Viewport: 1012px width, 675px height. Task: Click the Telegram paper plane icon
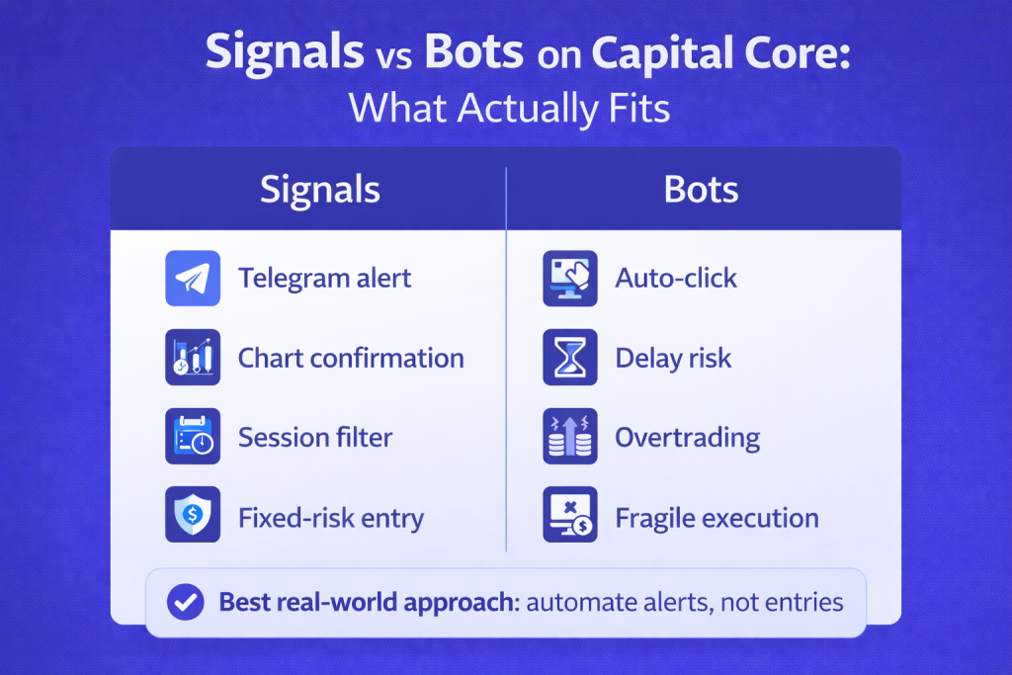(193, 278)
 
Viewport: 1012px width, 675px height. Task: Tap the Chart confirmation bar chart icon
(193, 358)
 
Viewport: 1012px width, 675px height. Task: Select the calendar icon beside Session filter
(193, 436)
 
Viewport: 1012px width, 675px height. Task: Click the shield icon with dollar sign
(193, 514)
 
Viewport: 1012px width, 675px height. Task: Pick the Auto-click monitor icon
(570, 278)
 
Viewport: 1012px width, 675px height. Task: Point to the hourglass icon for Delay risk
(570, 358)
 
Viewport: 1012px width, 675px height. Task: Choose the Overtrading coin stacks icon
(570, 436)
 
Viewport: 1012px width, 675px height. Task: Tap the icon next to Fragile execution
(570, 514)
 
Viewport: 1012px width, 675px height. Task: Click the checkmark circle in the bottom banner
(185, 602)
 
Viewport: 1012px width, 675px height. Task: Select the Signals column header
(320, 190)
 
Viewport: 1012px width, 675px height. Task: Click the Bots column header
(701, 190)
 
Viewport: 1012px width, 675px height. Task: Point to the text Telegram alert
(324, 279)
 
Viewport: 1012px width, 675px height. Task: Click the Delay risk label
(673, 358)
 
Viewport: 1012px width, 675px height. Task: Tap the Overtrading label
(688, 438)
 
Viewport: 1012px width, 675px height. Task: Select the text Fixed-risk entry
(331, 518)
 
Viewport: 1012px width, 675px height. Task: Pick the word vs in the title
(393, 56)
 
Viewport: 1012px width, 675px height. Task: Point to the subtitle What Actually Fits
(509, 108)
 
